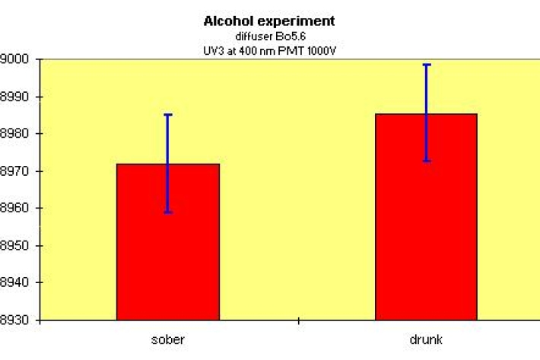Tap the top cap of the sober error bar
click(167, 115)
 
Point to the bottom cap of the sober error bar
click(167, 212)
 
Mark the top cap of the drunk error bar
click(426, 65)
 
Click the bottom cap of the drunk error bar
click(426, 161)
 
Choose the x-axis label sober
click(167, 339)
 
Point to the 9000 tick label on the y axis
click(15, 60)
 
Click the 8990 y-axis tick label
click(15, 97)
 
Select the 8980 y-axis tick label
click(15, 134)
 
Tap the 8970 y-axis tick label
click(15, 171)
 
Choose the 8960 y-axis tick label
click(15, 209)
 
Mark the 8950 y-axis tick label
click(15, 246)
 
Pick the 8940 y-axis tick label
click(15, 282)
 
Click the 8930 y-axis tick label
click(15, 320)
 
